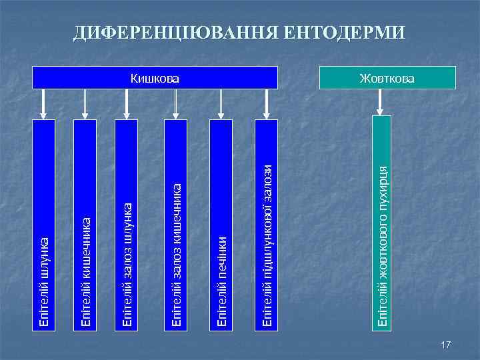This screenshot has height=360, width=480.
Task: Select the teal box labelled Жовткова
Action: (x=387, y=78)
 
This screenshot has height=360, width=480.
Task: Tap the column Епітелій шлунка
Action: (x=45, y=223)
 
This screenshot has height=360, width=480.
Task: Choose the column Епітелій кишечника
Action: (x=86, y=223)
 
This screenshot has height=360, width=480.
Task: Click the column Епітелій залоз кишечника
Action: (x=176, y=223)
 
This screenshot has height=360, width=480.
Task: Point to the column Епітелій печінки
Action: (x=223, y=223)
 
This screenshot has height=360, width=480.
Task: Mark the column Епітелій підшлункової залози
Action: (x=267, y=223)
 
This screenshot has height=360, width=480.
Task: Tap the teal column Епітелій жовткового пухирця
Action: (x=382, y=223)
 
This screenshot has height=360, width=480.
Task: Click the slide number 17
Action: (x=446, y=344)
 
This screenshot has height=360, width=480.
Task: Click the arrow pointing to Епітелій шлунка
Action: (x=45, y=103)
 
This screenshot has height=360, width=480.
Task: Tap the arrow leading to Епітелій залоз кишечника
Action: (x=176, y=103)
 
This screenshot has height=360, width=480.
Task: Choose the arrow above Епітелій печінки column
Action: (x=223, y=103)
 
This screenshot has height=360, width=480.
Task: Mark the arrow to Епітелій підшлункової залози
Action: (x=267, y=103)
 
